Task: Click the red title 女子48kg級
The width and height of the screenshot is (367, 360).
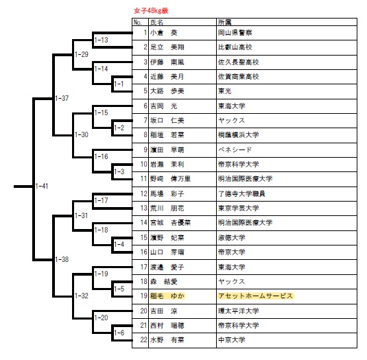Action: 151,11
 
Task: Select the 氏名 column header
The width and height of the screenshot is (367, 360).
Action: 157,23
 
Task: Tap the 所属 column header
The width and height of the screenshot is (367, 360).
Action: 225,23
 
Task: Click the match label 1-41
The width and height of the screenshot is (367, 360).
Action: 42,187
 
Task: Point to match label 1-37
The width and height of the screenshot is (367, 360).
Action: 62,98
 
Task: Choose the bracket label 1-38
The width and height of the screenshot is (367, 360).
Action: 62,259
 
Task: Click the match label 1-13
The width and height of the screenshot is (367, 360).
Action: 102,40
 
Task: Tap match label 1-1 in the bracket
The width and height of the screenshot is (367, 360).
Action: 119,84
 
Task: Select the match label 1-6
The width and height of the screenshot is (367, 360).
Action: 119,333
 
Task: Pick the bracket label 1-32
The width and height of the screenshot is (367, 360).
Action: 82,296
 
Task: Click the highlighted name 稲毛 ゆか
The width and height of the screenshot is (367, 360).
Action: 167,296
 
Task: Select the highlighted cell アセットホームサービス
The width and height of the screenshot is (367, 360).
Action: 256,296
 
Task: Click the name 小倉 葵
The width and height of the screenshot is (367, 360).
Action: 164,33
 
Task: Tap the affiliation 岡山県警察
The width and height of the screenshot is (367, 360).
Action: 235,33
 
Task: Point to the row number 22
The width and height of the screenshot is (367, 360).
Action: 143,340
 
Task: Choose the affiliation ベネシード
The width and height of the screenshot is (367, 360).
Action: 235,149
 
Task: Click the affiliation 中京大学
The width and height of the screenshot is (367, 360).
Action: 232,340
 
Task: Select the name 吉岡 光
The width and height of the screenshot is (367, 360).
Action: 164,106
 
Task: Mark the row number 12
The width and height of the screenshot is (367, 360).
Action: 143,193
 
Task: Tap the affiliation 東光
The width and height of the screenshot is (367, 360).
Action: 225,91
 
